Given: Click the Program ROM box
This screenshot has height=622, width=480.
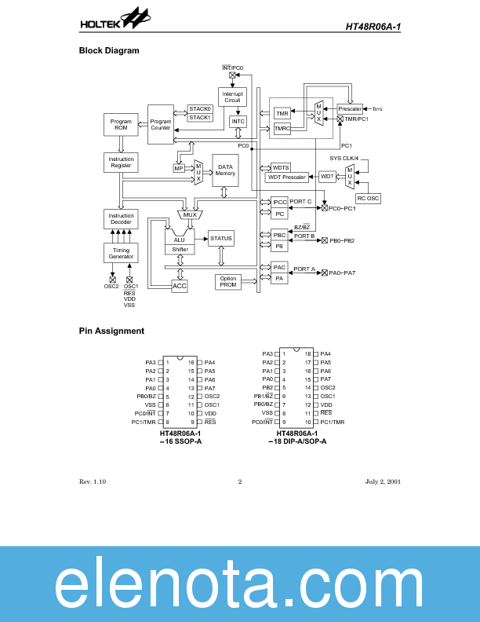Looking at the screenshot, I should click(x=120, y=124).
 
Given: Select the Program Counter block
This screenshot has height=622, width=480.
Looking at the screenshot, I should click(x=160, y=124).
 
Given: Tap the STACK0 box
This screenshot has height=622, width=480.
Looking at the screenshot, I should click(x=200, y=108).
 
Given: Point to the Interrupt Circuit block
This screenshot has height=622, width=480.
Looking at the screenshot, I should click(x=232, y=97).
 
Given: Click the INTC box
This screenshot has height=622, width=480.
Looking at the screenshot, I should click(x=238, y=122).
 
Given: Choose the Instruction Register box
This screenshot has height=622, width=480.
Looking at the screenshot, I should click(x=120, y=163).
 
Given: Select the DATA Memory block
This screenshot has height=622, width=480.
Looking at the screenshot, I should click(x=225, y=170).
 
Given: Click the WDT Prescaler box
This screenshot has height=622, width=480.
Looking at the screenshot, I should click(x=287, y=177).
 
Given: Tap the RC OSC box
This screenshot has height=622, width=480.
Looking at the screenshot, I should click(x=368, y=199).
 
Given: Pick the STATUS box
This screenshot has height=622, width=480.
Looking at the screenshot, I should click(x=221, y=238).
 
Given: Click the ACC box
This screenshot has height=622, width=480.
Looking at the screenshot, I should click(x=180, y=287).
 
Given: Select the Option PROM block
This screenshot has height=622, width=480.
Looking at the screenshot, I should click(x=228, y=282).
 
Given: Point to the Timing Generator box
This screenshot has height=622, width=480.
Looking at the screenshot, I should click(x=120, y=253).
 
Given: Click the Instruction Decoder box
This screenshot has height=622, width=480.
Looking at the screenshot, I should click(x=120, y=218).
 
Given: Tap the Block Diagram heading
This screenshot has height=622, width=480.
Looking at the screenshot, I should click(x=109, y=51).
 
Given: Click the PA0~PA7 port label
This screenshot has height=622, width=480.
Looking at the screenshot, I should click(x=342, y=273).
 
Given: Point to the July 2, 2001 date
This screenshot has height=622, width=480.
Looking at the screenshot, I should click(x=383, y=481).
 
